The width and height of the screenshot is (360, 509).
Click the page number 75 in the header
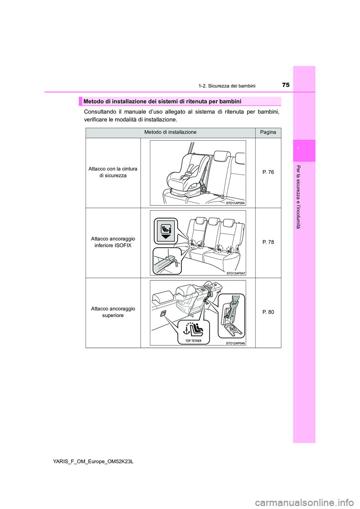(285, 85)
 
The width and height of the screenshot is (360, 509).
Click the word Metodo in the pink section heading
(93, 101)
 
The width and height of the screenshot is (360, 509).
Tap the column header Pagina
(268, 132)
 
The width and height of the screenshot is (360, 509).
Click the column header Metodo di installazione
(170, 132)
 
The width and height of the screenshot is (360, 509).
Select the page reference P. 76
(268, 172)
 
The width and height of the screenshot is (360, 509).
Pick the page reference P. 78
(268, 242)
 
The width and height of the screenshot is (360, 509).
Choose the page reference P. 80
(268, 312)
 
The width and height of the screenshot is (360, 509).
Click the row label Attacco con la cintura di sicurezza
(113, 172)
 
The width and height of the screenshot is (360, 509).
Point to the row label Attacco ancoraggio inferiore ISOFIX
(113, 242)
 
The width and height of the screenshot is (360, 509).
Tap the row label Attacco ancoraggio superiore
(113, 312)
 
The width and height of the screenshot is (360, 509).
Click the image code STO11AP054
(235, 203)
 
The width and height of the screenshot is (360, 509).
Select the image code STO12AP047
(235, 273)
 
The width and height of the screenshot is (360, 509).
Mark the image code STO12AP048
(235, 343)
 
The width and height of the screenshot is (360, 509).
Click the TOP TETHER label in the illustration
(193, 341)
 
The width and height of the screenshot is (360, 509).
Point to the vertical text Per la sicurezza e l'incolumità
(298, 197)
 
